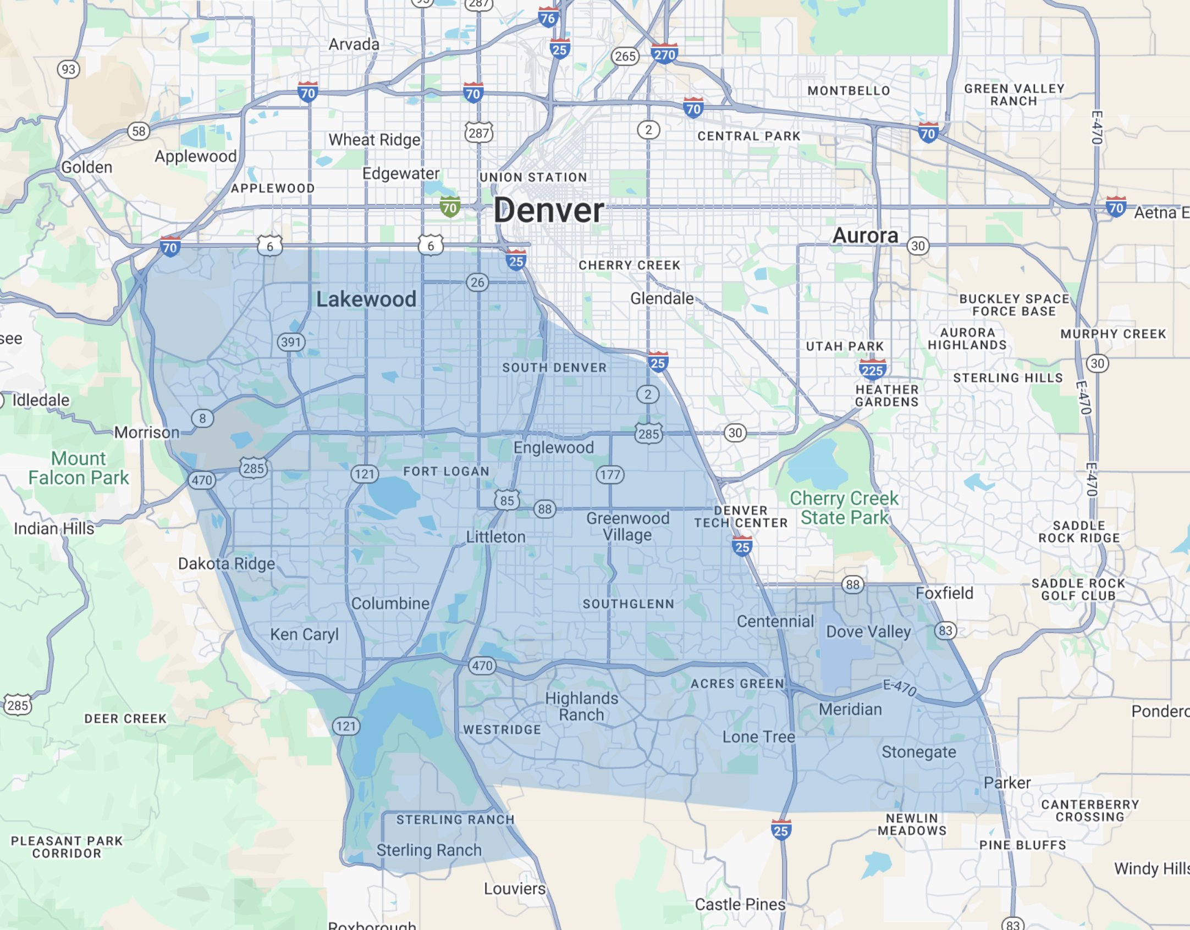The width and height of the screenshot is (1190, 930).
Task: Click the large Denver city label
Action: (x=548, y=211)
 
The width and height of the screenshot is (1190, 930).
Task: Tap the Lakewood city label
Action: (x=366, y=300)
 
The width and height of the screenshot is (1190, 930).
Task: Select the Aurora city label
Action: (x=865, y=236)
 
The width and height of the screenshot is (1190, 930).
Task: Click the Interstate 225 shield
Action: (x=872, y=370)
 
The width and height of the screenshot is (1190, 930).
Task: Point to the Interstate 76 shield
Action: (x=548, y=18)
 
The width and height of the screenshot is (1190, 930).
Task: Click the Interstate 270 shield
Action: (x=664, y=54)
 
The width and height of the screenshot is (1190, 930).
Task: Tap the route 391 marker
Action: (x=291, y=342)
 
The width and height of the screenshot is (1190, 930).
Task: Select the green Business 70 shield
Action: (x=450, y=208)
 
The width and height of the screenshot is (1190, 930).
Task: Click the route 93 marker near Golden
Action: (x=68, y=69)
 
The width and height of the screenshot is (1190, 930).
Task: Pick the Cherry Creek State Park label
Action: (x=844, y=508)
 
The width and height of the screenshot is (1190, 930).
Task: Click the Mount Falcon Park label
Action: (x=79, y=468)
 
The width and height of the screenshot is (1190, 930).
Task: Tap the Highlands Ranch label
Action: (x=582, y=706)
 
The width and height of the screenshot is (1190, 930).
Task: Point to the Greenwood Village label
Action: (x=627, y=526)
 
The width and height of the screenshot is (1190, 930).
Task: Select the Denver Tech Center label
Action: (x=741, y=517)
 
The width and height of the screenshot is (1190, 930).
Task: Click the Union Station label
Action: (x=533, y=178)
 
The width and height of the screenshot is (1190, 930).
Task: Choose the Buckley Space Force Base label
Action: (x=1014, y=305)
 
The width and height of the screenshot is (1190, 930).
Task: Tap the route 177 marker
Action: (x=610, y=475)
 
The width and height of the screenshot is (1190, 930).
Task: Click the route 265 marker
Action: (x=625, y=56)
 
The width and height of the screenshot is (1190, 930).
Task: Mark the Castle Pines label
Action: (x=740, y=904)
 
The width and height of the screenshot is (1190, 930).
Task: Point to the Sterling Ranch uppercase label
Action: (x=455, y=820)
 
